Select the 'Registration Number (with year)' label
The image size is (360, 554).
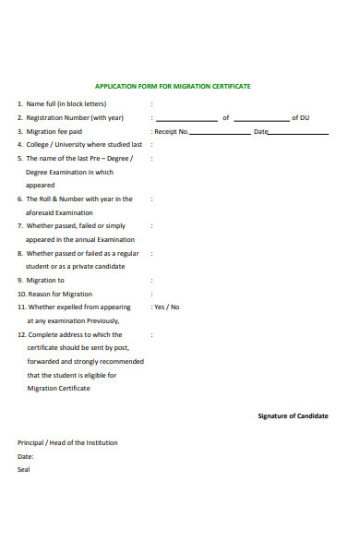[x=75, y=118]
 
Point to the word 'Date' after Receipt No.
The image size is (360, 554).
[x=260, y=132]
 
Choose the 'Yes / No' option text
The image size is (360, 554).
[x=167, y=307]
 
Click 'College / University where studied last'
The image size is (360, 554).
[x=84, y=145]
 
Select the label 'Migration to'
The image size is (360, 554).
[x=45, y=280]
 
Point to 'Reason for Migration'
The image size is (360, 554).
[x=60, y=294]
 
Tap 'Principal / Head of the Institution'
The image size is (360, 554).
[x=68, y=442]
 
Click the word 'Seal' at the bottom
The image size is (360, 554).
[x=24, y=469]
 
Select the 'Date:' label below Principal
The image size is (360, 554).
[x=26, y=456]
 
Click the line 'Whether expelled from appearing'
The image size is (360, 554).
[x=79, y=307]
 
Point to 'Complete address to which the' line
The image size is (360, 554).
[x=75, y=334]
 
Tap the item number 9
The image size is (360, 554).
[x=20, y=280]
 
